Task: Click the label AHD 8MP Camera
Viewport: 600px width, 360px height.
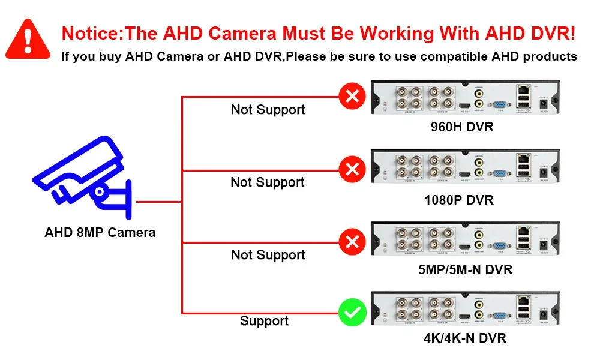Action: click(x=100, y=233)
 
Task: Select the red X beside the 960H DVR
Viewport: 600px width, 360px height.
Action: click(x=353, y=95)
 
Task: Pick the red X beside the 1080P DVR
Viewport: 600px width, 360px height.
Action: click(x=353, y=169)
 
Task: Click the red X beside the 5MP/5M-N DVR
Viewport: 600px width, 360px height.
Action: click(x=353, y=242)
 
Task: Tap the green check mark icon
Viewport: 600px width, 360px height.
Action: click(x=353, y=313)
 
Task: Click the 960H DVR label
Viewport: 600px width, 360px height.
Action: click(x=462, y=127)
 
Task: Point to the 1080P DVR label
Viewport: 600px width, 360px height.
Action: click(x=459, y=200)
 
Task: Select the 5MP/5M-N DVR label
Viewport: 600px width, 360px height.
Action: click(x=466, y=270)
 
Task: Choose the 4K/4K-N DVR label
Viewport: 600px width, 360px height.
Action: click(x=465, y=338)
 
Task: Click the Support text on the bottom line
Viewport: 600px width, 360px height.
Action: click(x=264, y=321)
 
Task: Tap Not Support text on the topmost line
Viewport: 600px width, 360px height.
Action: click(x=268, y=110)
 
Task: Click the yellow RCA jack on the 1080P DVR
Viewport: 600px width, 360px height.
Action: click(x=479, y=161)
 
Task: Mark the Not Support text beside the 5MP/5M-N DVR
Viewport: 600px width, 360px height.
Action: click(x=268, y=255)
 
